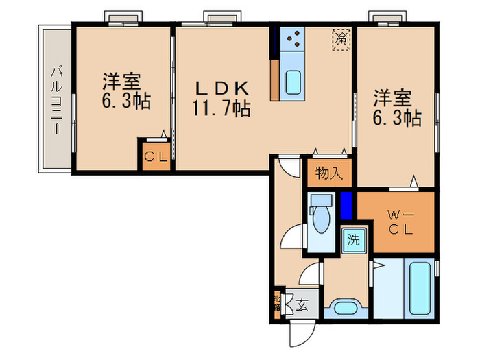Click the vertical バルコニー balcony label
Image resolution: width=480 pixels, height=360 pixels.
tap(57, 100)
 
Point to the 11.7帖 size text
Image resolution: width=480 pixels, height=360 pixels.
tap(221, 108)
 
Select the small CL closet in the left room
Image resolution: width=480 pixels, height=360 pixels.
tap(156, 156)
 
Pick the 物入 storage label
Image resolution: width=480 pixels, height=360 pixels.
tap(328, 173)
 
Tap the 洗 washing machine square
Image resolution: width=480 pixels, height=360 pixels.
tap(353, 240)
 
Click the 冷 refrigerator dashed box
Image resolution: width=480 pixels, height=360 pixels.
tap(341, 38)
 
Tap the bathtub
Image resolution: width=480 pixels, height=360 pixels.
tap(420, 288)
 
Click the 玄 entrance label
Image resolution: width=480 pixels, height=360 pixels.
tap(302, 302)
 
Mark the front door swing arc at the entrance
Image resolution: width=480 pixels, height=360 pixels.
tap(300, 335)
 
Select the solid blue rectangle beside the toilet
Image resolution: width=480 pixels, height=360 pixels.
tap(346, 204)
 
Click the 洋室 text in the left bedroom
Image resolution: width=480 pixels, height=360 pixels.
tap(122, 81)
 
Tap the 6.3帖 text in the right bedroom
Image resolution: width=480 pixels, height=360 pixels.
tap(397, 118)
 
